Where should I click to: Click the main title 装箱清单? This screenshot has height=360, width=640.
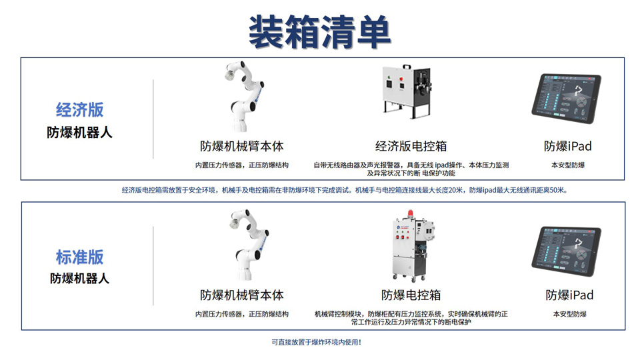pos(319,32)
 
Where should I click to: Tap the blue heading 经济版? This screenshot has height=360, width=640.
pos(79,110)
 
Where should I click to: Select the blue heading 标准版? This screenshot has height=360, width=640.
pos(79,257)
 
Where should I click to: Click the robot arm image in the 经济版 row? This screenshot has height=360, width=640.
pos(244,97)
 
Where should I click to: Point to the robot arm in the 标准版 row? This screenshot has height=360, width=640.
pos(249,245)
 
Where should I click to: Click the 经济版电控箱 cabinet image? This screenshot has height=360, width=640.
pos(407,91)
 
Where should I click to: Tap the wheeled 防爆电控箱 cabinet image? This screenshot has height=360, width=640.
pos(413,246)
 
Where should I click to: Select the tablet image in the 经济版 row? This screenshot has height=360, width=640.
pos(566,99)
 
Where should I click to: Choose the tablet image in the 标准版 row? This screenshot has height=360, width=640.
pos(566,251)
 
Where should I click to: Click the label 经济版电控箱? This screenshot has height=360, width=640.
pos(411,146)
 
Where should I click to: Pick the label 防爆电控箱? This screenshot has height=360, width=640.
pos(411,295)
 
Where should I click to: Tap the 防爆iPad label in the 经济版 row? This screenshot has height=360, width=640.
pos(568,146)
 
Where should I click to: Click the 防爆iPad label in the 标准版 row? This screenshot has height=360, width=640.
pos(569,295)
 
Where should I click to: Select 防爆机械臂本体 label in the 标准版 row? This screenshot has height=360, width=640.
pos(241,295)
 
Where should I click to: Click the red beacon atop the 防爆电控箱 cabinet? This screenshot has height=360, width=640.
pos(411,214)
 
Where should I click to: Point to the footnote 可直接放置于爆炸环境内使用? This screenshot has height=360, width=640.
pos(316,343)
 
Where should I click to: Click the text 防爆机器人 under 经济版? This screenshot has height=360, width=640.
pos(79,132)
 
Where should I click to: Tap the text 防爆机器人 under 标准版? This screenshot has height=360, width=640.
pos(79,279)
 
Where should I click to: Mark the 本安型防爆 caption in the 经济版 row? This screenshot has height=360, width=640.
pos(568,165)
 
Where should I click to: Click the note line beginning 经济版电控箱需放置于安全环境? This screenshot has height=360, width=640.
pos(345,190)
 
